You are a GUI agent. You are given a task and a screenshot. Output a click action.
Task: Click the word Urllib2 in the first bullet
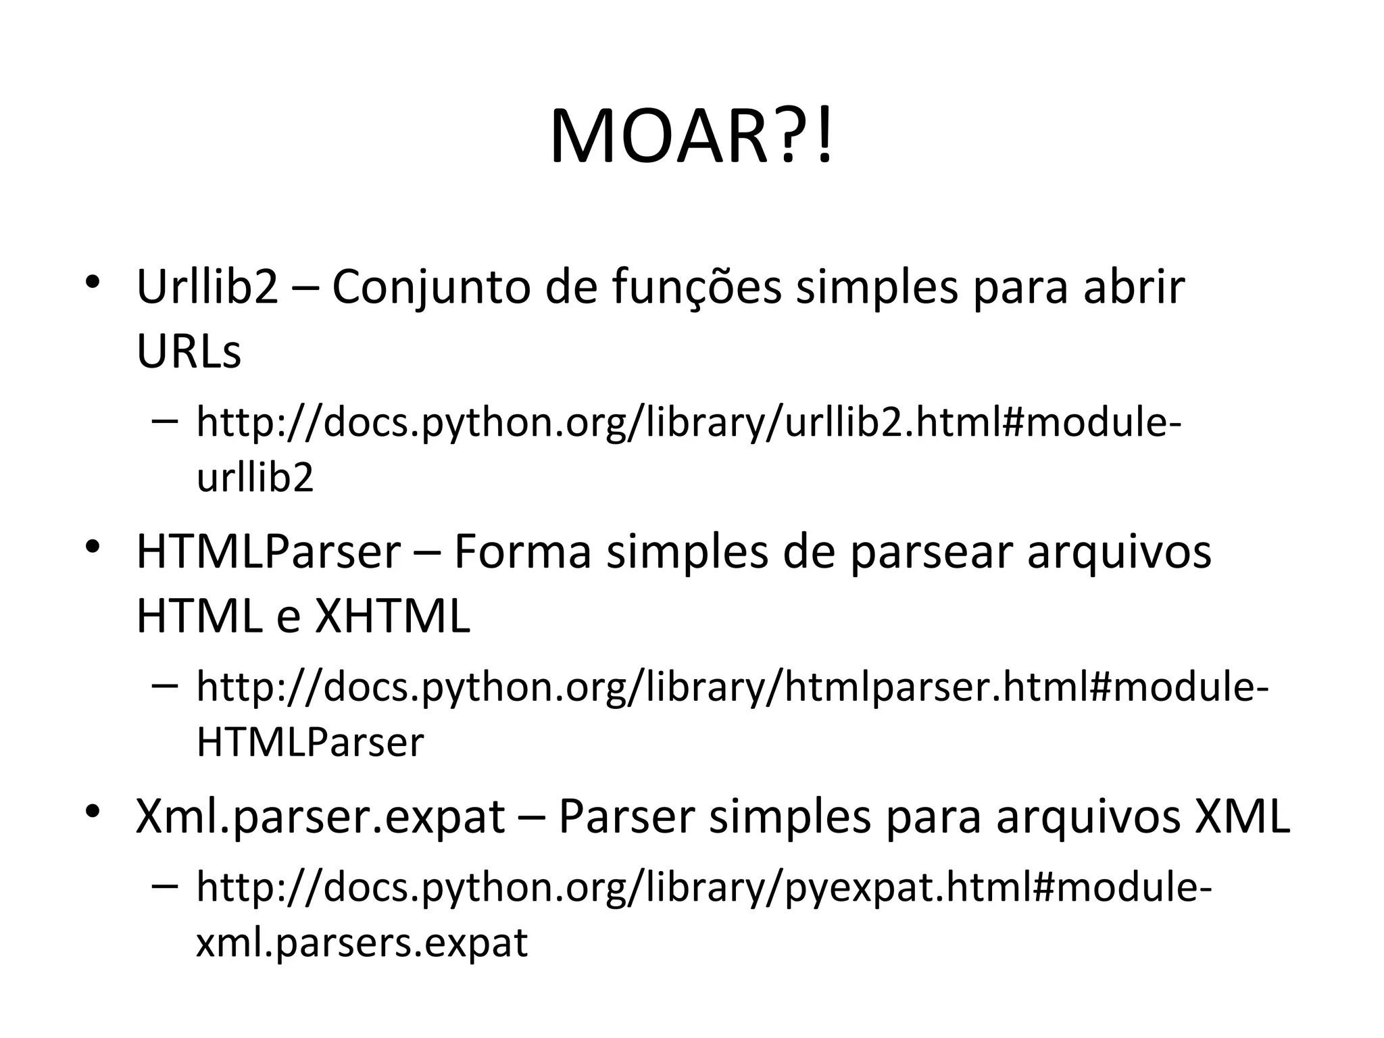(207, 287)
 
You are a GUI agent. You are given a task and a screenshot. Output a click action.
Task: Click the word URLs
(189, 351)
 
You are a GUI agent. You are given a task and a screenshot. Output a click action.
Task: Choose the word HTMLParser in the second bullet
(268, 551)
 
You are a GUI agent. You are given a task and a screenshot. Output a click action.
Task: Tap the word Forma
(522, 551)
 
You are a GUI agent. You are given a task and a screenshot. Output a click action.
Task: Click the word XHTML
(393, 616)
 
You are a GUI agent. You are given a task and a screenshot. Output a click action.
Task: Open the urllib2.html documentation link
(689, 422)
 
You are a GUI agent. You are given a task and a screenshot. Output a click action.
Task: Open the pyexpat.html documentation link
(703, 887)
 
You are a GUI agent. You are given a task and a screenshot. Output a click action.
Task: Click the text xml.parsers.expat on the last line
(362, 942)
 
